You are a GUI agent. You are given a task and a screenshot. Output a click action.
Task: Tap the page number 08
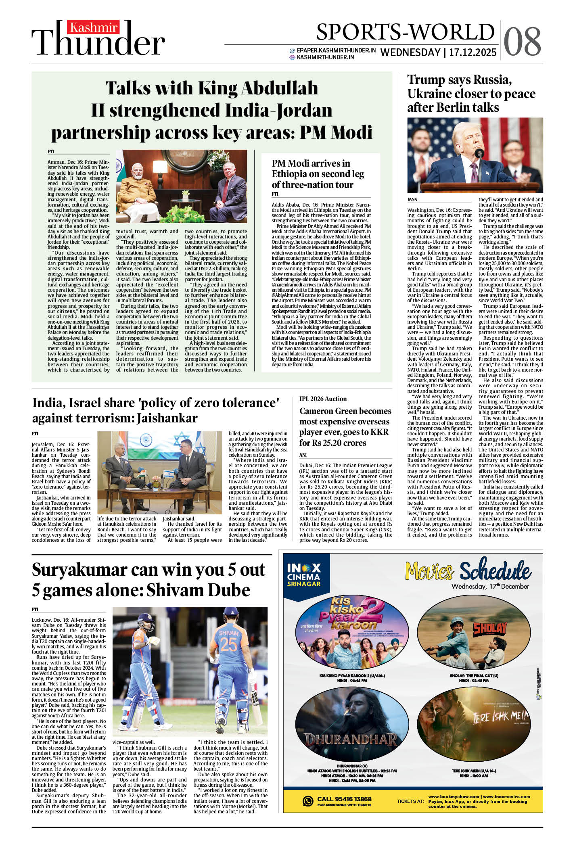click(522, 42)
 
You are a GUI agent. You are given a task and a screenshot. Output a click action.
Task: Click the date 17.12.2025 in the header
click(473, 53)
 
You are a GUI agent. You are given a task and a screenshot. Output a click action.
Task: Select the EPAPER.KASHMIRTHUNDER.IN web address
click(336, 50)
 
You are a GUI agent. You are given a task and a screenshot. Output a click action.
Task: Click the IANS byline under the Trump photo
click(412, 200)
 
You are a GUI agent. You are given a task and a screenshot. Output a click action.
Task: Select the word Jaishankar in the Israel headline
click(167, 418)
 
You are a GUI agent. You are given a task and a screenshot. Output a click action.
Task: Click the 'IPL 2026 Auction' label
click(323, 399)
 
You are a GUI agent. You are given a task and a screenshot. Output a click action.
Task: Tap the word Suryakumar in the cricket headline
click(79, 570)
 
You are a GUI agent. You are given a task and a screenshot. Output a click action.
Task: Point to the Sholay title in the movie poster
click(489, 628)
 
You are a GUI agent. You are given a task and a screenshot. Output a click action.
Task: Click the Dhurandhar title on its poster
click(351, 739)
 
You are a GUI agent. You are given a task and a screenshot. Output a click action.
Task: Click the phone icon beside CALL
click(308, 801)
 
